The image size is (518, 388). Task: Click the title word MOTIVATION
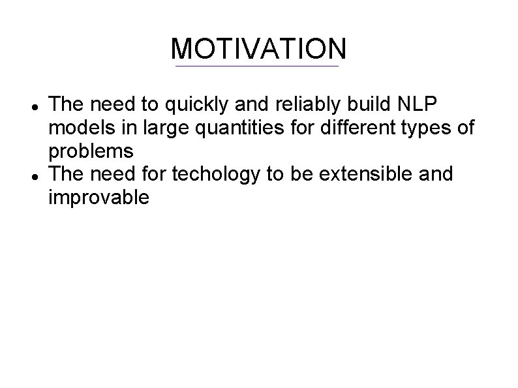tap(258, 48)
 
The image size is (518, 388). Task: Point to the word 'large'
tap(168, 128)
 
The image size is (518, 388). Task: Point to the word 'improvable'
tap(99, 198)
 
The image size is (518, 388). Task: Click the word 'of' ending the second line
tap(466, 128)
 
